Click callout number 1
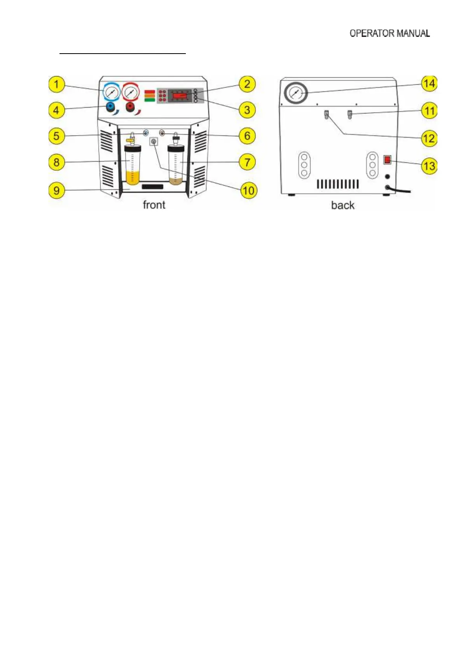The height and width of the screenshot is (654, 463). click(x=56, y=84)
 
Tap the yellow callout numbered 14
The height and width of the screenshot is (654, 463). click(x=429, y=83)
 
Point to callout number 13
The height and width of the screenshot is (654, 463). click(x=429, y=166)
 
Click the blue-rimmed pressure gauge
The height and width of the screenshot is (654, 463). click(x=112, y=93)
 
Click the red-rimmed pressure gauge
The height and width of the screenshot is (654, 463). click(x=131, y=93)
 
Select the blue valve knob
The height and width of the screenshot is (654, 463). click(x=111, y=106)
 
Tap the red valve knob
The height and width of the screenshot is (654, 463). click(x=130, y=106)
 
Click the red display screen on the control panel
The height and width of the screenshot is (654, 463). click(x=180, y=95)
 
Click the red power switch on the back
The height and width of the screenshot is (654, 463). click(x=387, y=159)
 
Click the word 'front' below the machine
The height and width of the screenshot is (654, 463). click(x=154, y=205)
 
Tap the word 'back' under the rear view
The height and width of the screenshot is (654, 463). click(x=342, y=205)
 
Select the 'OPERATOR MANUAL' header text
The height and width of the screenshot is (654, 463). click(x=390, y=33)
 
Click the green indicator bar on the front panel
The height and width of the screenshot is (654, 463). click(x=150, y=100)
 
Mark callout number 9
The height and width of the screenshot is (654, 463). click(x=56, y=190)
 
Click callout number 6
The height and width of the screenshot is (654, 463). click(x=247, y=136)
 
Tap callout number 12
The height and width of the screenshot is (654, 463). click(x=429, y=138)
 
